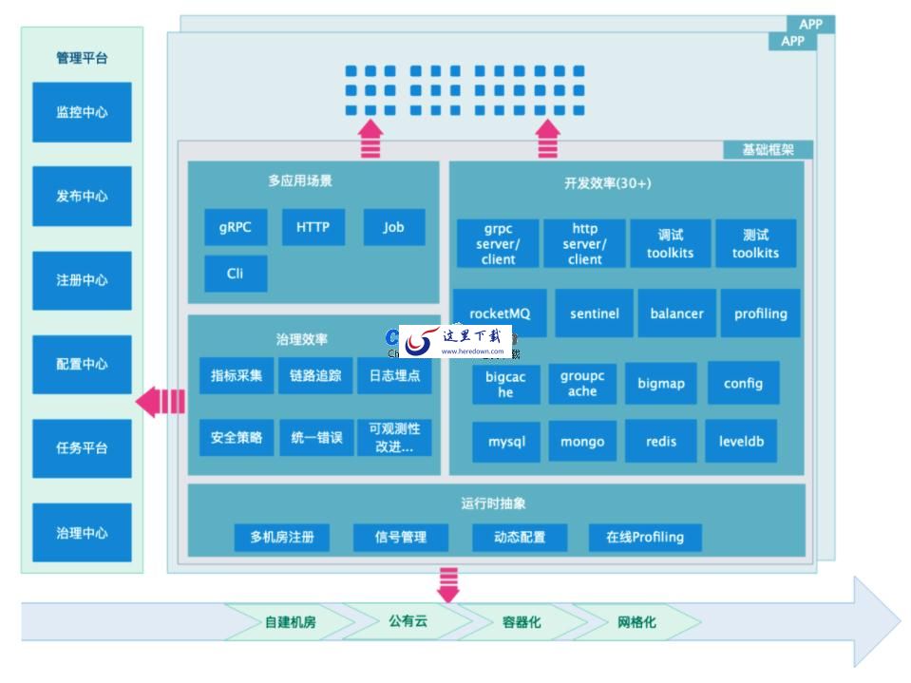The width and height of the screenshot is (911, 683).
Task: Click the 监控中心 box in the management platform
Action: (x=82, y=112)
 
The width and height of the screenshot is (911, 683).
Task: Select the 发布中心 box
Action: (x=82, y=197)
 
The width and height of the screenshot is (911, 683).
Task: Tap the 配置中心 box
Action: (x=82, y=365)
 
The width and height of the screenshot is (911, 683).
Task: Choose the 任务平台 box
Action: (x=82, y=448)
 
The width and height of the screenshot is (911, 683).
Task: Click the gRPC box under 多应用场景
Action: (x=236, y=228)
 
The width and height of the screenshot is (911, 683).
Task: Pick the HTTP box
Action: (x=313, y=228)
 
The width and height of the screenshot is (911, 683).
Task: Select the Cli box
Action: (x=236, y=274)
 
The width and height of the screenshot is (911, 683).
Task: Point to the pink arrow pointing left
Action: (x=160, y=402)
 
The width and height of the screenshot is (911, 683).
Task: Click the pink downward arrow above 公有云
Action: (x=447, y=583)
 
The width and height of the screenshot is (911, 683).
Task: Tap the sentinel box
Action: (x=595, y=313)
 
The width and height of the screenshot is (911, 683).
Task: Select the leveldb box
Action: (x=741, y=442)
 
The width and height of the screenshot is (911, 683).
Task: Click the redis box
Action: (x=661, y=442)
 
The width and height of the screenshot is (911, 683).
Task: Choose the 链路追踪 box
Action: (x=315, y=375)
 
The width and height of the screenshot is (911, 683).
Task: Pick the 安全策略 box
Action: (x=237, y=438)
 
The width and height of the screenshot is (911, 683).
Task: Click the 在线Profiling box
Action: (x=645, y=538)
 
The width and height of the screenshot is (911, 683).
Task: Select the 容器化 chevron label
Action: (x=522, y=623)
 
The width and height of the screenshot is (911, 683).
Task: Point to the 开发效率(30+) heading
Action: (x=607, y=183)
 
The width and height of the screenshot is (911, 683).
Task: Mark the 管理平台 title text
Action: (x=82, y=58)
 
